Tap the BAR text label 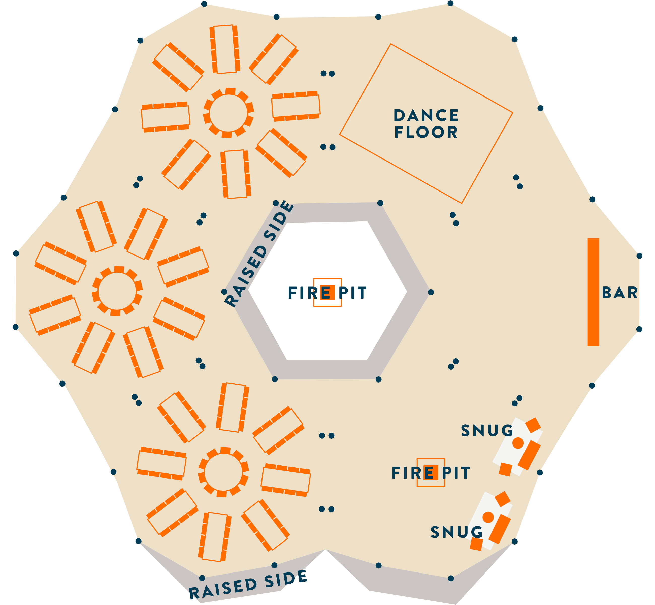click(620, 293)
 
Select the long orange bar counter click(593, 292)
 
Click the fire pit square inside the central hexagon click(327, 292)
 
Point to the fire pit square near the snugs click(431, 472)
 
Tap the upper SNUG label click(487, 431)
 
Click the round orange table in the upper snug click(518, 443)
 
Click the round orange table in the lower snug click(488, 517)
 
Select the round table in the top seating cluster click(228, 113)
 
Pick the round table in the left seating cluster click(117, 291)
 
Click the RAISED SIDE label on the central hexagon click(258, 254)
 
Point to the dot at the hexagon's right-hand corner click(431, 292)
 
